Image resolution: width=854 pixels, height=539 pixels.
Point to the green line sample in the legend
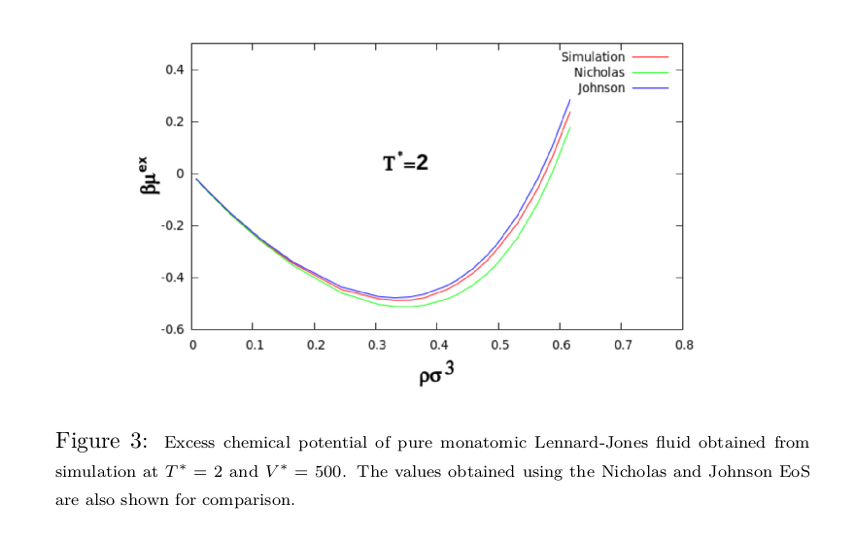click(651, 73)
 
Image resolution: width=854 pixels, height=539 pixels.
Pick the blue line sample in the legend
click(651, 88)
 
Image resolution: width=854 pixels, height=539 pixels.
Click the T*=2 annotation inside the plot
click(405, 163)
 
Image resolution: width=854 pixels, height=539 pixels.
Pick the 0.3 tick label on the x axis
click(377, 345)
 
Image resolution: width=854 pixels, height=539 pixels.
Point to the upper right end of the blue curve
click(570, 99)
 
